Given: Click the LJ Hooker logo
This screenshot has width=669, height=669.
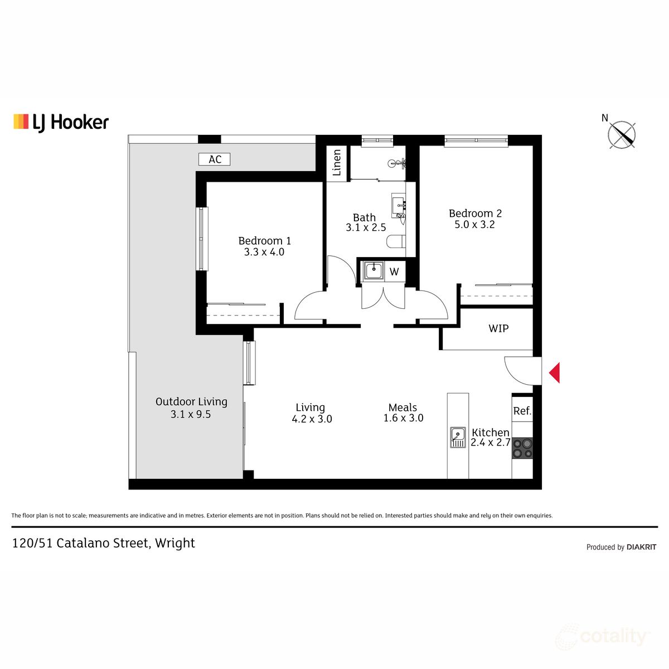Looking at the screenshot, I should pos(61,122).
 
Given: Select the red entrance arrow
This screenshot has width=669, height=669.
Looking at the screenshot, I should pos(554,373).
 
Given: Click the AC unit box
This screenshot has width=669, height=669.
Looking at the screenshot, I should pos(215,159).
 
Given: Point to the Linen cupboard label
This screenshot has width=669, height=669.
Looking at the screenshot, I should pos(337,162).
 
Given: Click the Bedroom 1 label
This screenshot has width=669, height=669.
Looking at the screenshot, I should pos(264,241).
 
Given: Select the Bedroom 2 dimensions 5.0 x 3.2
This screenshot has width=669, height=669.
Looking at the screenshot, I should pos(474,225).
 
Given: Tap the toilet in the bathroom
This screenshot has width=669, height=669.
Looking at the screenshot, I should pos(396,241).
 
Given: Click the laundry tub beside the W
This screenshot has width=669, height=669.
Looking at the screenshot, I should pos(373,271).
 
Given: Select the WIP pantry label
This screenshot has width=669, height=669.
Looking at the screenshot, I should pos(498,328).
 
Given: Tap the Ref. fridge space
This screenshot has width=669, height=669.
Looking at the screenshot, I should pos(522,411).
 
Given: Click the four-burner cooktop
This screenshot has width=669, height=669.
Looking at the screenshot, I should pos(522,448).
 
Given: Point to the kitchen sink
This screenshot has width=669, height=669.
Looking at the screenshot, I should pos(458,437).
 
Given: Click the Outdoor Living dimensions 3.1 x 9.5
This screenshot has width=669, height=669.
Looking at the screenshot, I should pos(191,414).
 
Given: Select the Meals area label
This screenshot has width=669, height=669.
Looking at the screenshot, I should pos(403,408).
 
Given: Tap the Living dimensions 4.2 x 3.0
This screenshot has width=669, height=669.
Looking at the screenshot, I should pos(312,419).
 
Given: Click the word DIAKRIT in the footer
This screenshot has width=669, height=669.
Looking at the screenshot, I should pos(641,547).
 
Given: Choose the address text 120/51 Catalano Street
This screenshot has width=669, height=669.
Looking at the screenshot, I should pos(80,543).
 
